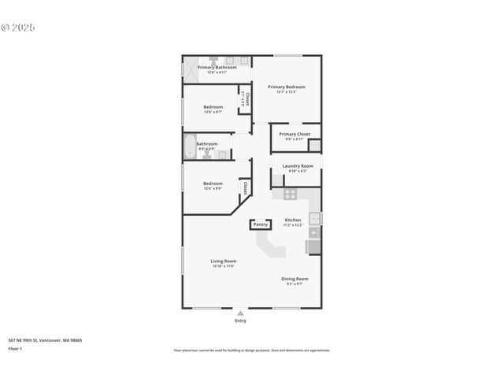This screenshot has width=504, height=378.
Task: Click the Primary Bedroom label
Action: (x=286, y=87)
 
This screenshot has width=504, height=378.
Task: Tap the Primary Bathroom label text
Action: (x=217, y=68)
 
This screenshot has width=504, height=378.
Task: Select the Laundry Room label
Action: (x=298, y=166)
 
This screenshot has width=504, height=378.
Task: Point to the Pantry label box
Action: (x=260, y=224)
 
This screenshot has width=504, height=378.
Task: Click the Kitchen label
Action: (x=292, y=220)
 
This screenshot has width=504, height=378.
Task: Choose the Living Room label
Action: (x=223, y=261)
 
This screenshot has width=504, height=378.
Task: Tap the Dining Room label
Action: (x=295, y=279)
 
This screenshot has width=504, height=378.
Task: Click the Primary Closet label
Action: (x=294, y=134)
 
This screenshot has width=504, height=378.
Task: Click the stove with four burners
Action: (x=290, y=193)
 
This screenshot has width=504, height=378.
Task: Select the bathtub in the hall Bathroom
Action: (x=189, y=146)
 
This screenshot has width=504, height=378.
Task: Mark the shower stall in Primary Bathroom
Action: (x=190, y=69)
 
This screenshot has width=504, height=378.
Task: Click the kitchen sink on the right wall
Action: (x=314, y=218)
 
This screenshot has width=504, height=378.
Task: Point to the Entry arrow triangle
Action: (x=240, y=313)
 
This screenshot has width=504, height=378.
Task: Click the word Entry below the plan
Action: (x=240, y=321)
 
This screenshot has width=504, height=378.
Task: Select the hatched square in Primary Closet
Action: (x=315, y=145)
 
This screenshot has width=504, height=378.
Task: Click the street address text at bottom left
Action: (x=45, y=340)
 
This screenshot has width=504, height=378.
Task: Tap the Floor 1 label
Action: (x=15, y=348)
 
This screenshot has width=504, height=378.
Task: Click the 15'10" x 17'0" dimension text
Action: (x=223, y=266)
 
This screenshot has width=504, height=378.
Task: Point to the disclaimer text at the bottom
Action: (x=251, y=350)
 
